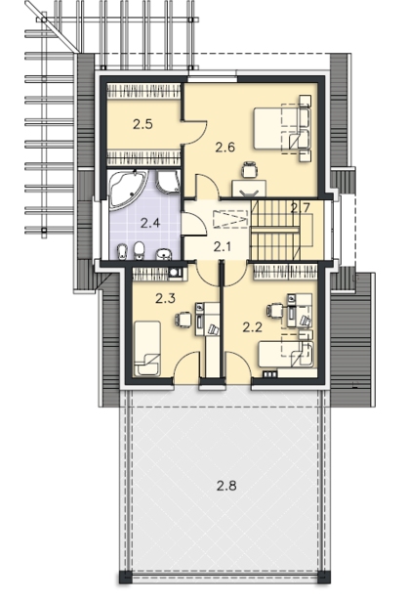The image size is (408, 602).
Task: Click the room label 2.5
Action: [143, 124]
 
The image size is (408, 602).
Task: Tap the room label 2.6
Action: [224, 147]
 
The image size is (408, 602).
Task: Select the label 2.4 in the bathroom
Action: [150, 223]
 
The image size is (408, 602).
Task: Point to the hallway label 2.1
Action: [223, 247]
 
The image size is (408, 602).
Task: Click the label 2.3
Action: [165, 298]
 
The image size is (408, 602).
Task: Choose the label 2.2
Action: [252, 327]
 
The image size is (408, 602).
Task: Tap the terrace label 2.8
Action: [226, 486]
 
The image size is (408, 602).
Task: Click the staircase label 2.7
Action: [299, 208]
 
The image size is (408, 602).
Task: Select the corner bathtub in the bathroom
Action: [127, 190]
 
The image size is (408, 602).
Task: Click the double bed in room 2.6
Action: [282, 128]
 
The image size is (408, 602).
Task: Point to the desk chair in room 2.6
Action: [249, 170]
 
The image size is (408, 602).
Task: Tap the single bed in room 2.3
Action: [147, 348]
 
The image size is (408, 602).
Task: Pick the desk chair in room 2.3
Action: [183, 320]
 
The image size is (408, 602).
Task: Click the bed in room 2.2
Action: [286, 354]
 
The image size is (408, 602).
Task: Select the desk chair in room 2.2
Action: [275, 310]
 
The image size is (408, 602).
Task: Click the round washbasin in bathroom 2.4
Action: [165, 254]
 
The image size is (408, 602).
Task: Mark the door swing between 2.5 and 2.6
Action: [195, 133]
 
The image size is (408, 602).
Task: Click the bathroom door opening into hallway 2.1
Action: [193, 224]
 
